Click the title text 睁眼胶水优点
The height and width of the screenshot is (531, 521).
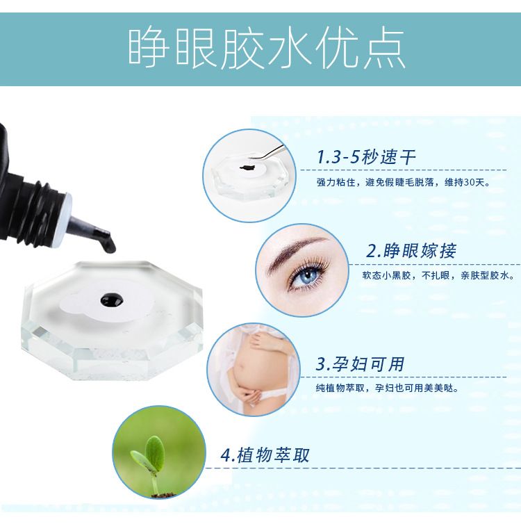pos(267,49)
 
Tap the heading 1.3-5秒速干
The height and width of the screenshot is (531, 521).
pos(366,157)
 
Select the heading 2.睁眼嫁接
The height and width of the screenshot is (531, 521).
pos(411,251)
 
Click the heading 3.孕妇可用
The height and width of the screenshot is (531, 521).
pos(360,364)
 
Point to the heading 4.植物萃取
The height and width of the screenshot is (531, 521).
pos(265,455)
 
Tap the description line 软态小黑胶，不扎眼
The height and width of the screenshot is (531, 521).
pos(406,275)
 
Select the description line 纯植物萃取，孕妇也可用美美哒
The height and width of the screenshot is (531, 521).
pos(388,388)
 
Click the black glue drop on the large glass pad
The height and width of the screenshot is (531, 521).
pos(113,300)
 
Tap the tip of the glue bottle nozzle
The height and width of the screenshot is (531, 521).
pos(110,248)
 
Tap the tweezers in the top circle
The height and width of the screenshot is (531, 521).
pos(267,153)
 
